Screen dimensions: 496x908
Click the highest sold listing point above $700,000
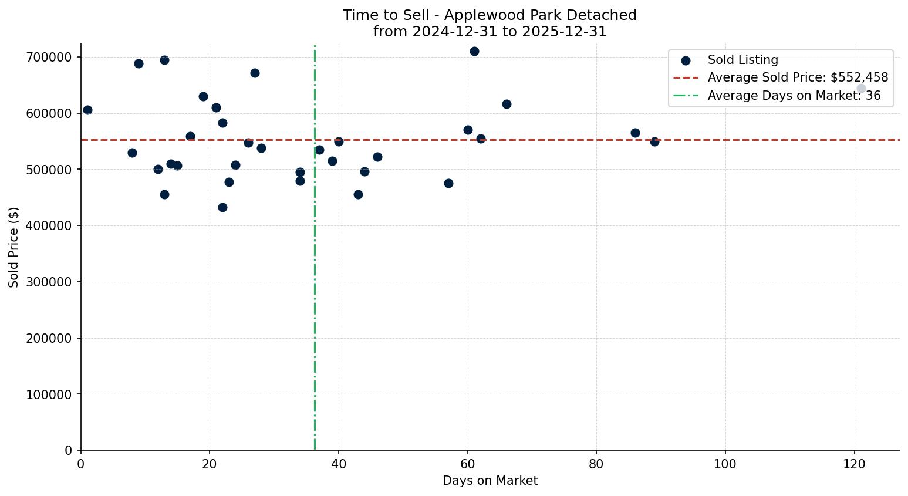pyautogui.click(x=474, y=52)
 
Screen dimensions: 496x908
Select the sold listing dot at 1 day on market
pyautogui.click(x=87, y=110)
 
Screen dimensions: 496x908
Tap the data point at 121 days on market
pyautogui.click(x=861, y=89)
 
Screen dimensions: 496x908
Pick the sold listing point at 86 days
pyautogui.click(x=635, y=133)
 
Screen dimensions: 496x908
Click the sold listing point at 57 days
pyautogui.click(x=448, y=184)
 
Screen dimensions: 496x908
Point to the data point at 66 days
pyautogui.click(x=507, y=104)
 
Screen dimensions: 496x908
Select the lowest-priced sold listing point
pyautogui.click(x=222, y=208)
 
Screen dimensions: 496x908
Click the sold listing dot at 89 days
pyautogui.click(x=654, y=141)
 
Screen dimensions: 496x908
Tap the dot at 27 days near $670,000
pyautogui.click(x=255, y=73)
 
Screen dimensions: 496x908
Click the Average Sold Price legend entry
pyautogui.click(x=798, y=78)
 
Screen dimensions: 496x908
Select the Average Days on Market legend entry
pyautogui.click(x=794, y=96)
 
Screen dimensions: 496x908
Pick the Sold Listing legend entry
pyautogui.click(x=742, y=60)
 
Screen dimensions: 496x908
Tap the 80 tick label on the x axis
pyautogui.click(x=596, y=464)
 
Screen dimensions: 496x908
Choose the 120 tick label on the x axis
pyautogui.click(x=854, y=464)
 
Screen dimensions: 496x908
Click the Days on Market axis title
pyautogui.click(x=490, y=481)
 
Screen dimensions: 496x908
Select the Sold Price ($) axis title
pyautogui.click(x=14, y=247)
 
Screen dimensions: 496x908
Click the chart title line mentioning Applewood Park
pyautogui.click(x=490, y=15)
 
